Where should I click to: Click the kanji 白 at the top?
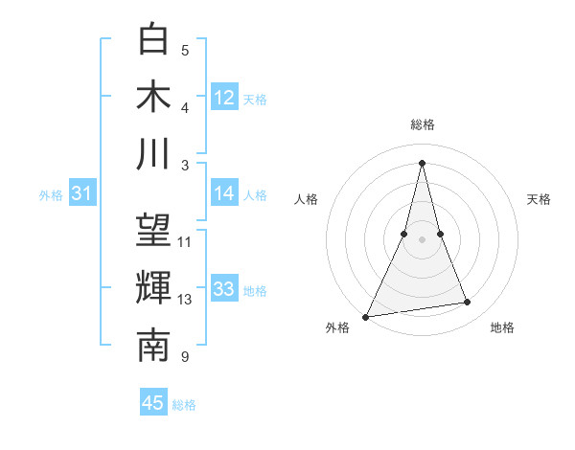pos(153,40)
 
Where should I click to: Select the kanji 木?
pos(153,97)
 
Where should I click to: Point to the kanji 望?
pos(153,231)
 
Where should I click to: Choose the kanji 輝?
pos(153,288)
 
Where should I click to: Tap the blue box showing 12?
pos(224,98)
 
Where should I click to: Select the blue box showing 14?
pos(224,193)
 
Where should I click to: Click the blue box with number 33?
pos(224,289)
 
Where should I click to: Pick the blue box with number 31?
pos(82,194)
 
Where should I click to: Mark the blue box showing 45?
pos(153,403)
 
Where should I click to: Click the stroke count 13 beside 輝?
pos(185,300)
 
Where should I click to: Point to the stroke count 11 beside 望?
pos(185,241)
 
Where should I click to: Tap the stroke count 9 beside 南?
pos(185,357)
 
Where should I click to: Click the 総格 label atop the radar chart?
pos(423,124)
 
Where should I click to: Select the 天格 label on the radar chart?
pos(539,199)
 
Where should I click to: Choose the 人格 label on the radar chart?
pos(306,199)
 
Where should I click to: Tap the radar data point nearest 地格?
pos(468,303)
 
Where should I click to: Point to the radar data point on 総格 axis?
pos(423,162)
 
